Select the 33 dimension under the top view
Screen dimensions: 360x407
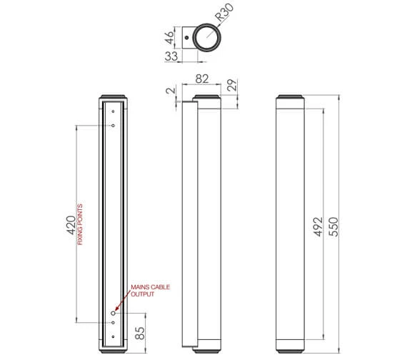171,56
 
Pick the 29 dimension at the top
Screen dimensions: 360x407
231,85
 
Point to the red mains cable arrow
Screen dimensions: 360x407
123,302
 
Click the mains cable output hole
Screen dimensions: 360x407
113,313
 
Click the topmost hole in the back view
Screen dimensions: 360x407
113,111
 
